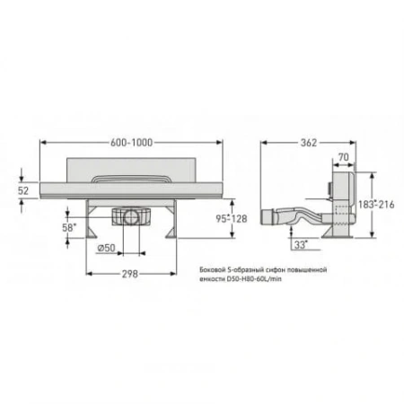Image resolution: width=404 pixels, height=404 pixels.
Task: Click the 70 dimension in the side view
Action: (341, 157)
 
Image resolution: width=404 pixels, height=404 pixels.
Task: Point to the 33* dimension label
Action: (299, 242)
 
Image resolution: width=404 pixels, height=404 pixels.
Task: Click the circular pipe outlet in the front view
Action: (132, 215)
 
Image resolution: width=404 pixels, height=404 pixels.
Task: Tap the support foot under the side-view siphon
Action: (340, 233)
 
